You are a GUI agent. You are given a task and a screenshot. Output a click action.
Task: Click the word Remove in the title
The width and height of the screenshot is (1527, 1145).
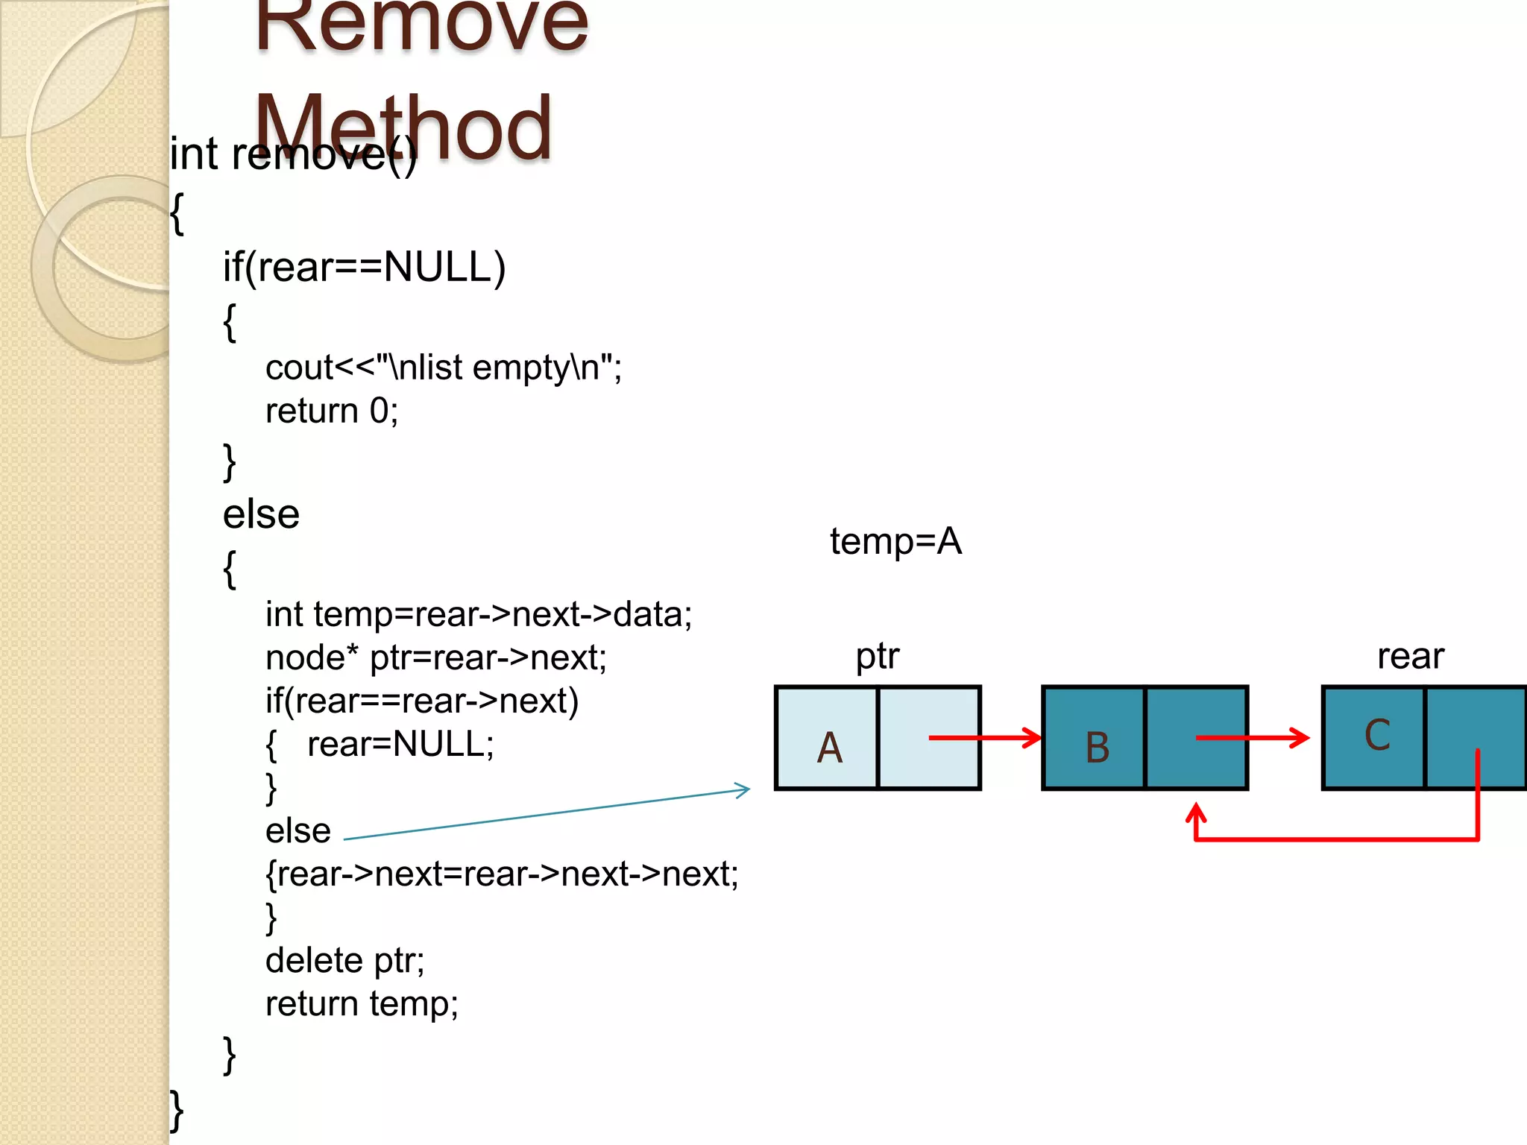click(421, 26)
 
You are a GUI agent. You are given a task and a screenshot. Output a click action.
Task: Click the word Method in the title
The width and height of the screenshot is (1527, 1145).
click(403, 127)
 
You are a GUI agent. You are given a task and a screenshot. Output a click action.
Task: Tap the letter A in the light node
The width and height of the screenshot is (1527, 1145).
click(829, 748)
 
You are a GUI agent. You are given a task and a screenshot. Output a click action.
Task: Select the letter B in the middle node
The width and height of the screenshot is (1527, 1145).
click(1097, 748)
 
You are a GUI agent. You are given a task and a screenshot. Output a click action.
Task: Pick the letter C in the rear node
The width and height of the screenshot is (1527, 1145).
click(1377, 735)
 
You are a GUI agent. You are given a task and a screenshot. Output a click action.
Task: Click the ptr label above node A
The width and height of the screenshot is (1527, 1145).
click(877, 657)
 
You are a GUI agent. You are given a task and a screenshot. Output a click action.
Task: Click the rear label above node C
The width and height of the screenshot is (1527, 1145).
click(1410, 657)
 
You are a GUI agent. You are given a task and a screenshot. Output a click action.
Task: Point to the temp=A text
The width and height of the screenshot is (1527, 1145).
click(895, 541)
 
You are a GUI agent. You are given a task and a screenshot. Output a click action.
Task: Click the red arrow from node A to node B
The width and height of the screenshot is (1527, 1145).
click(984, 738)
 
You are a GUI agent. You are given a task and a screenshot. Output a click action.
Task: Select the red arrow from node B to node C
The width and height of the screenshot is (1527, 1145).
click(1253, 738)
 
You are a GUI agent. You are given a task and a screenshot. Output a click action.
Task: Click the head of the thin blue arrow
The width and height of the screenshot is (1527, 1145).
click(743, 789)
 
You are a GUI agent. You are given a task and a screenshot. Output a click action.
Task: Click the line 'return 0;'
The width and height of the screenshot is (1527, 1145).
click(332, 411)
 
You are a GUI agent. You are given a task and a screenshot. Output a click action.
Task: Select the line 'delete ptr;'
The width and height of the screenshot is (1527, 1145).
click(344, 960)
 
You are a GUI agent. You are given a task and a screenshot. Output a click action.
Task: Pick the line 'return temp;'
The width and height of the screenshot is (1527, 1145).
click(362, 1003)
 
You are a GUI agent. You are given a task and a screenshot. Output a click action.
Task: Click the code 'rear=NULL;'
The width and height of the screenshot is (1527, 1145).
click(400, 744)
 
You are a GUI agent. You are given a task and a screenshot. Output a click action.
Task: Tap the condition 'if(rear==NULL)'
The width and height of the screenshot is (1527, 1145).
click(364, 267)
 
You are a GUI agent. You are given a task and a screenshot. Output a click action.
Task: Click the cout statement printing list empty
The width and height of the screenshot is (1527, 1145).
click(443, 368)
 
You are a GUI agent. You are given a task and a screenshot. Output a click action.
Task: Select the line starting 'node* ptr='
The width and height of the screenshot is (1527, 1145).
click(436, 657)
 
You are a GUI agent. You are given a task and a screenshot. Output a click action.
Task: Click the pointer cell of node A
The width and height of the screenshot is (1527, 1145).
click(929, 738)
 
